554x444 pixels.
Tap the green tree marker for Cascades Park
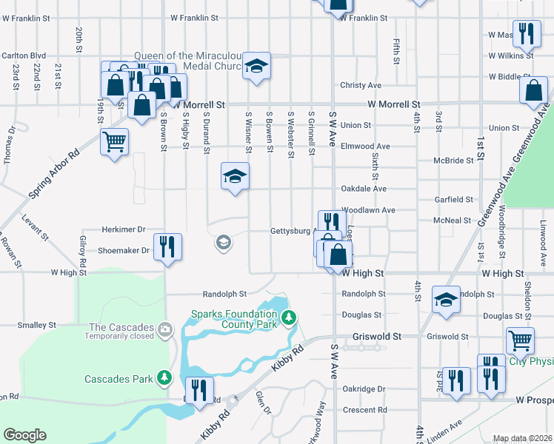pyautogui.click(x=164, y=378)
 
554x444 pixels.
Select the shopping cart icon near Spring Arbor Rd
pyautogui.click(x=114, y=140)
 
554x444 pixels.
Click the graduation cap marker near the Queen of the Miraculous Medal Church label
pyautogui.click(x=256, y=67)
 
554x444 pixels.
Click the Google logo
pyautogui.click(x=24, y=435)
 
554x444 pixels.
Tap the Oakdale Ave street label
pyautogui.click(x=363, y=189)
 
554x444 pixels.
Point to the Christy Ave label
pyautogui.click(x=360, y=86)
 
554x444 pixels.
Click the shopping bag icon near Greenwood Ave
pyautogui.click(x=533, y=90)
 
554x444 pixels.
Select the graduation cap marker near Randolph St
pyautogui.click(x=446, y=299)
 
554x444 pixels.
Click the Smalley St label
pyautogui.click(x=37, y=325)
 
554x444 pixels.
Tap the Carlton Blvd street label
pyautogui.click(x=24, y=55)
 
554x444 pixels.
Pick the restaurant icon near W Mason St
pyautogui.click(x=526, y=33)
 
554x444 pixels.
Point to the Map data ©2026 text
pyautogui.click(x=522, y=439)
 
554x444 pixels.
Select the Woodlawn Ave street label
pyautogui.click(x=368, y=210)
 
